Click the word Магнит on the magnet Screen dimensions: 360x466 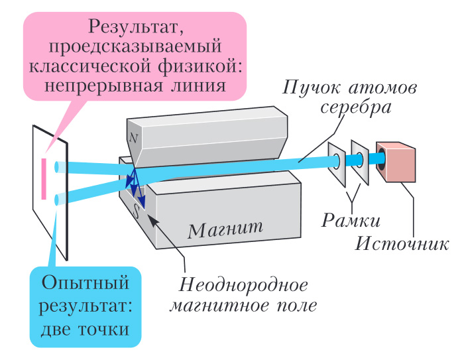click(x=225, y=230)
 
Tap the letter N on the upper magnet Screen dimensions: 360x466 click(x=134, y=138)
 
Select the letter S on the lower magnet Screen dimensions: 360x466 click(x=137, y=211)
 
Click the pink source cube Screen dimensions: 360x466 click(x=396, y=162)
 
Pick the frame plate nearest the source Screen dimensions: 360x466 click(x=359, y=161)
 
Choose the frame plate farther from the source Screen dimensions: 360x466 click(x=336, y=162)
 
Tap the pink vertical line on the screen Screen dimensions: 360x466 click(x=44, y=178)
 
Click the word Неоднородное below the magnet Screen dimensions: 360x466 click(x=244, y=286)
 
